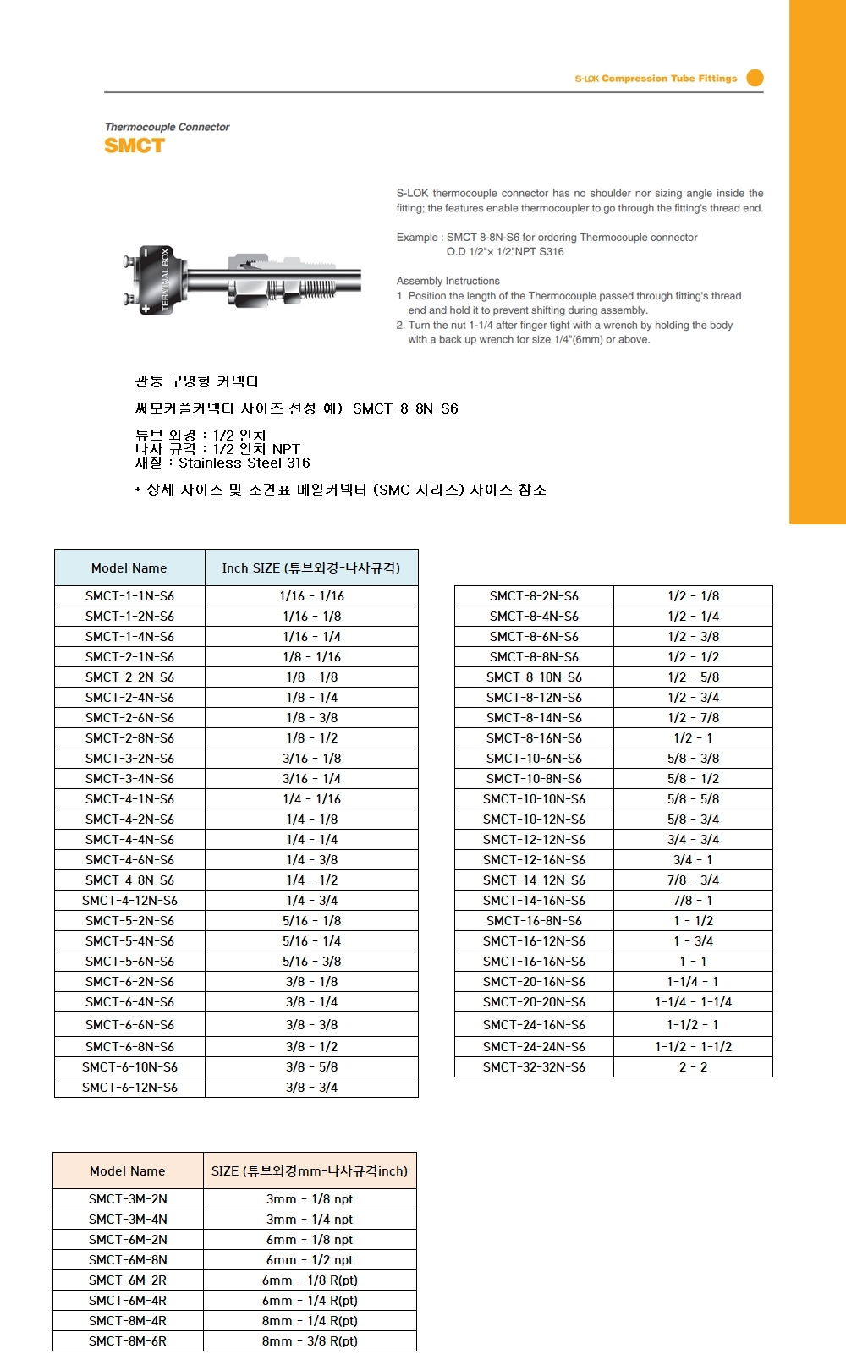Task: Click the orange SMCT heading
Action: tap(135, 145)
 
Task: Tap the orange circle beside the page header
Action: tap(755, 78)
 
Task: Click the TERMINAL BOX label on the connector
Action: tap(165, 279)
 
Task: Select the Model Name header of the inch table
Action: tap(129, 568)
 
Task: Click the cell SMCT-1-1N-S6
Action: tap(129, 596)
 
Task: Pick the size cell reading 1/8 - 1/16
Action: tap(311, 657)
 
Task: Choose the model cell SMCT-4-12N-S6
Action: tap(129, 901)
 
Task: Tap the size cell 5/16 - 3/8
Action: tap(311, 962)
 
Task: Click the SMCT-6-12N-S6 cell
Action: tap(129, 1088)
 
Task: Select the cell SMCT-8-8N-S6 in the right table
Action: tap(534, 657)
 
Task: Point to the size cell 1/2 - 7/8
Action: tap(693, 718)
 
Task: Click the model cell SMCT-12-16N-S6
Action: tap(534, 860)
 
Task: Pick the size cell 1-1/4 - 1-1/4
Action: tap(693, 1002)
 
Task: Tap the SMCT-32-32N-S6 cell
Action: tap(534, 1067)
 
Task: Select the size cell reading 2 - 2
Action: tap(693, 1067)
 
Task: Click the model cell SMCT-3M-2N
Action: tap(128, 1199)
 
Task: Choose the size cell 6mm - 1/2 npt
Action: tap(310, 1260)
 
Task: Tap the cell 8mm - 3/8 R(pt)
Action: tap(310, 1341)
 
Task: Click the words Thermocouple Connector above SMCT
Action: tap(167, 127)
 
